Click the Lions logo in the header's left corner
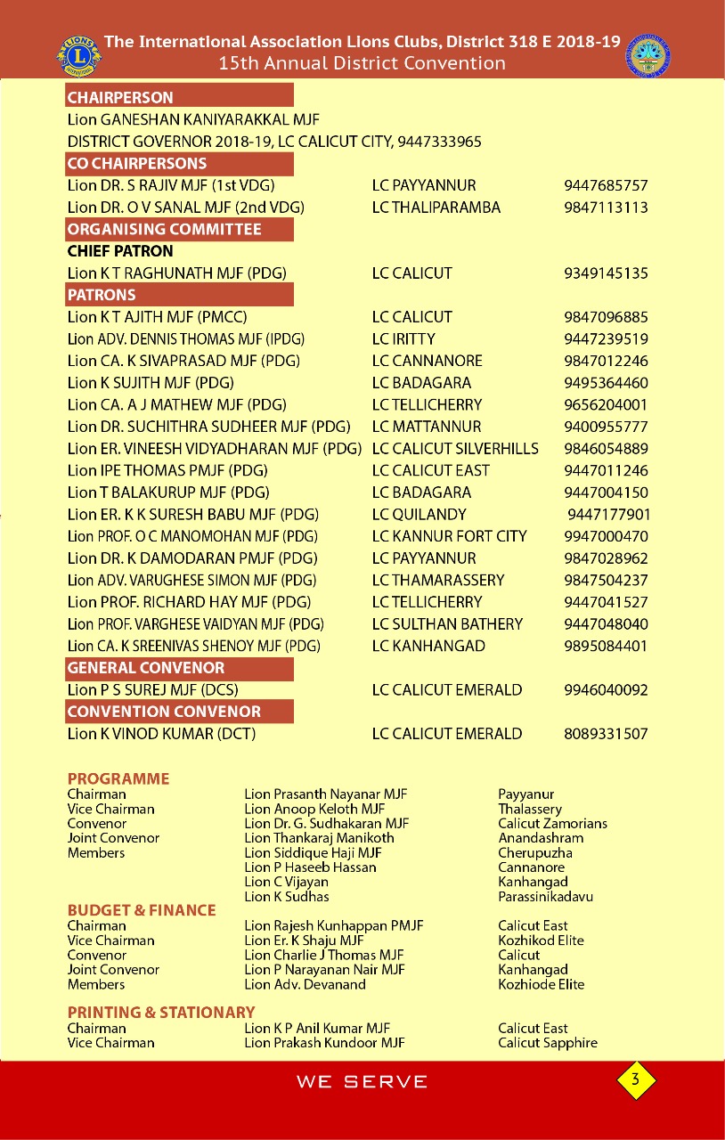[x=79, y=55]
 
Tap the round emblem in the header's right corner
[x=648, y=55]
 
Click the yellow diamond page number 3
[x=635, y=1080]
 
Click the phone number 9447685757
[x=606, y=185]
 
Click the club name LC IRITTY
[x=403, y=339]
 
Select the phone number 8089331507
[x=606, y=734]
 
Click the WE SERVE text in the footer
[x=362, y=1082]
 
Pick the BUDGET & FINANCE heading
[x=142, y=910]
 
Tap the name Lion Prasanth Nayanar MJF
[x=325, y=794]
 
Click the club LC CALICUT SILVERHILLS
[x=455, y=449]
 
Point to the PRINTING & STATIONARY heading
[x=161, y=1013]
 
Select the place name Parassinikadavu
[x=545, y=897]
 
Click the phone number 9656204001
[x=606, y=405]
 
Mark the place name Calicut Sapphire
[x=548, y=1043]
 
